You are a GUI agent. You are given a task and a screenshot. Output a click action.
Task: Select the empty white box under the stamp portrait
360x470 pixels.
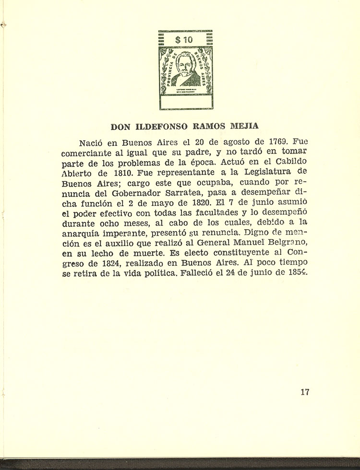[185, 102]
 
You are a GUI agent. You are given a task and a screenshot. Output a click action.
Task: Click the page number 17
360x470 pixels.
[305, 392]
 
